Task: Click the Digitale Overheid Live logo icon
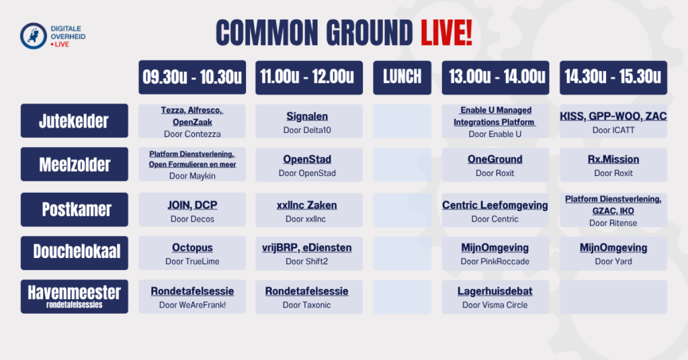pyautogui.click(x=34, y=36)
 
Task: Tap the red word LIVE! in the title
pyautogui.click(x=446, y=33)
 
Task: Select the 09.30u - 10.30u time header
pyautogui.click(x=192, y=77)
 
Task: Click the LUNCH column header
pyautogui.click(x=402, y=77)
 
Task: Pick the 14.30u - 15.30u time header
pyautogui.click(x=613, y=77)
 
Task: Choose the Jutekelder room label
pyautogui.click(x=74, y=121)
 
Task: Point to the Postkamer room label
pyautogui.click(x=74, y=209)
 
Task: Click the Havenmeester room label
pyautogui.click(x=74, y=296)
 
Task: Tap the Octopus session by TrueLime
pyautogui.click(x=192, y=253)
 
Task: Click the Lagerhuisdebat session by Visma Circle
pyautogui.click(x=495, y=297)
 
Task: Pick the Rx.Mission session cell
pyautogui.click(x=613, y=165)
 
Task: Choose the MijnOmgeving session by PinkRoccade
pyautogui.click(x=495, y=253)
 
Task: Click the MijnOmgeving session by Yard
pyautogui.click(x=613, y=253)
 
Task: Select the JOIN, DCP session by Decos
pyautogui.click(x=192, y=210)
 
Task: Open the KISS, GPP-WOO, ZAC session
pyautogui.click(x=613, y=121)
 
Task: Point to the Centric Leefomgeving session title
pyautogui.click(x=495, y=206)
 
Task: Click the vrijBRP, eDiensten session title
pyautogui.click(x=306, y=248)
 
